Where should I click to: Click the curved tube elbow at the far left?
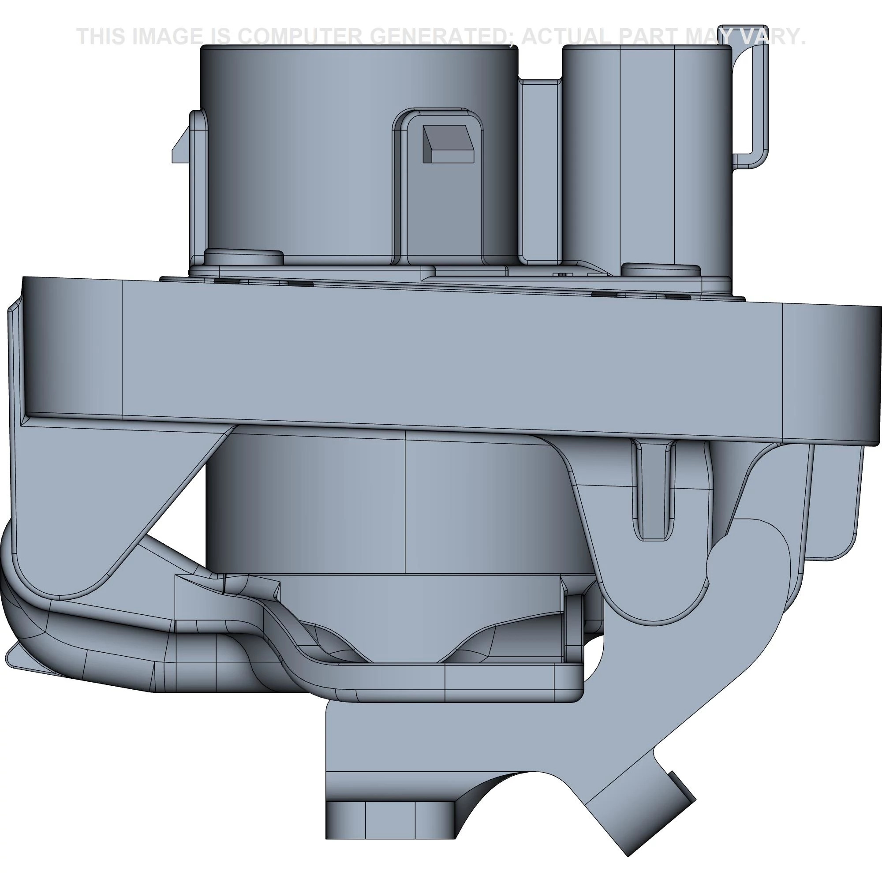tap(18, 607)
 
